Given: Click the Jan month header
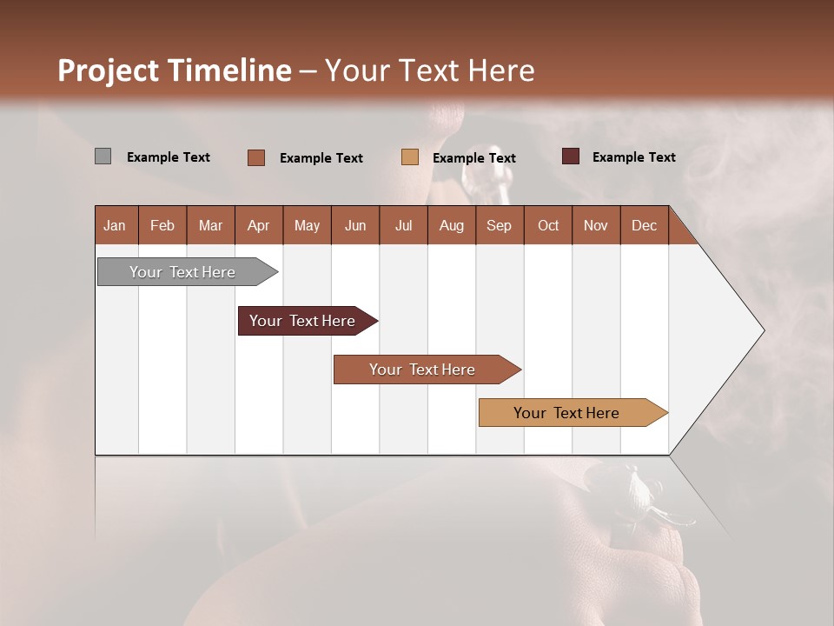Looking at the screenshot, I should click(x=116, y=225).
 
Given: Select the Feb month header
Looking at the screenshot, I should click(x=162, y=225).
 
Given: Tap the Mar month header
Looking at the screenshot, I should click(x=210, y=225).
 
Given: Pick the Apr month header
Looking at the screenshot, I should click(x=258, y=225).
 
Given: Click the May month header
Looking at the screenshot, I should click(x=307, y=225).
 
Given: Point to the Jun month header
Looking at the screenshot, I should click(x=355, y=225).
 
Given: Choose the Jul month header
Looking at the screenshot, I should click(x=403, y=225).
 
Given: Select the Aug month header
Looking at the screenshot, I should click(x=451, y=225).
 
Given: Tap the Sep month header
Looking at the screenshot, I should click(x=499, y=225).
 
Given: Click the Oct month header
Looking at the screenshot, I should click(x=548, y=225).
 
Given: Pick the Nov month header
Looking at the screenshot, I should click(x=596, y=225).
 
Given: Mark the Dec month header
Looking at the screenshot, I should click(x=644, y=225).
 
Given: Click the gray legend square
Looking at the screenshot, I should click(x=103, y=156).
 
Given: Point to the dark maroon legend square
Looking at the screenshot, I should click(x=570, y=156).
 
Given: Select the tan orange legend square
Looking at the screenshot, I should click(x=410, y=157).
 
